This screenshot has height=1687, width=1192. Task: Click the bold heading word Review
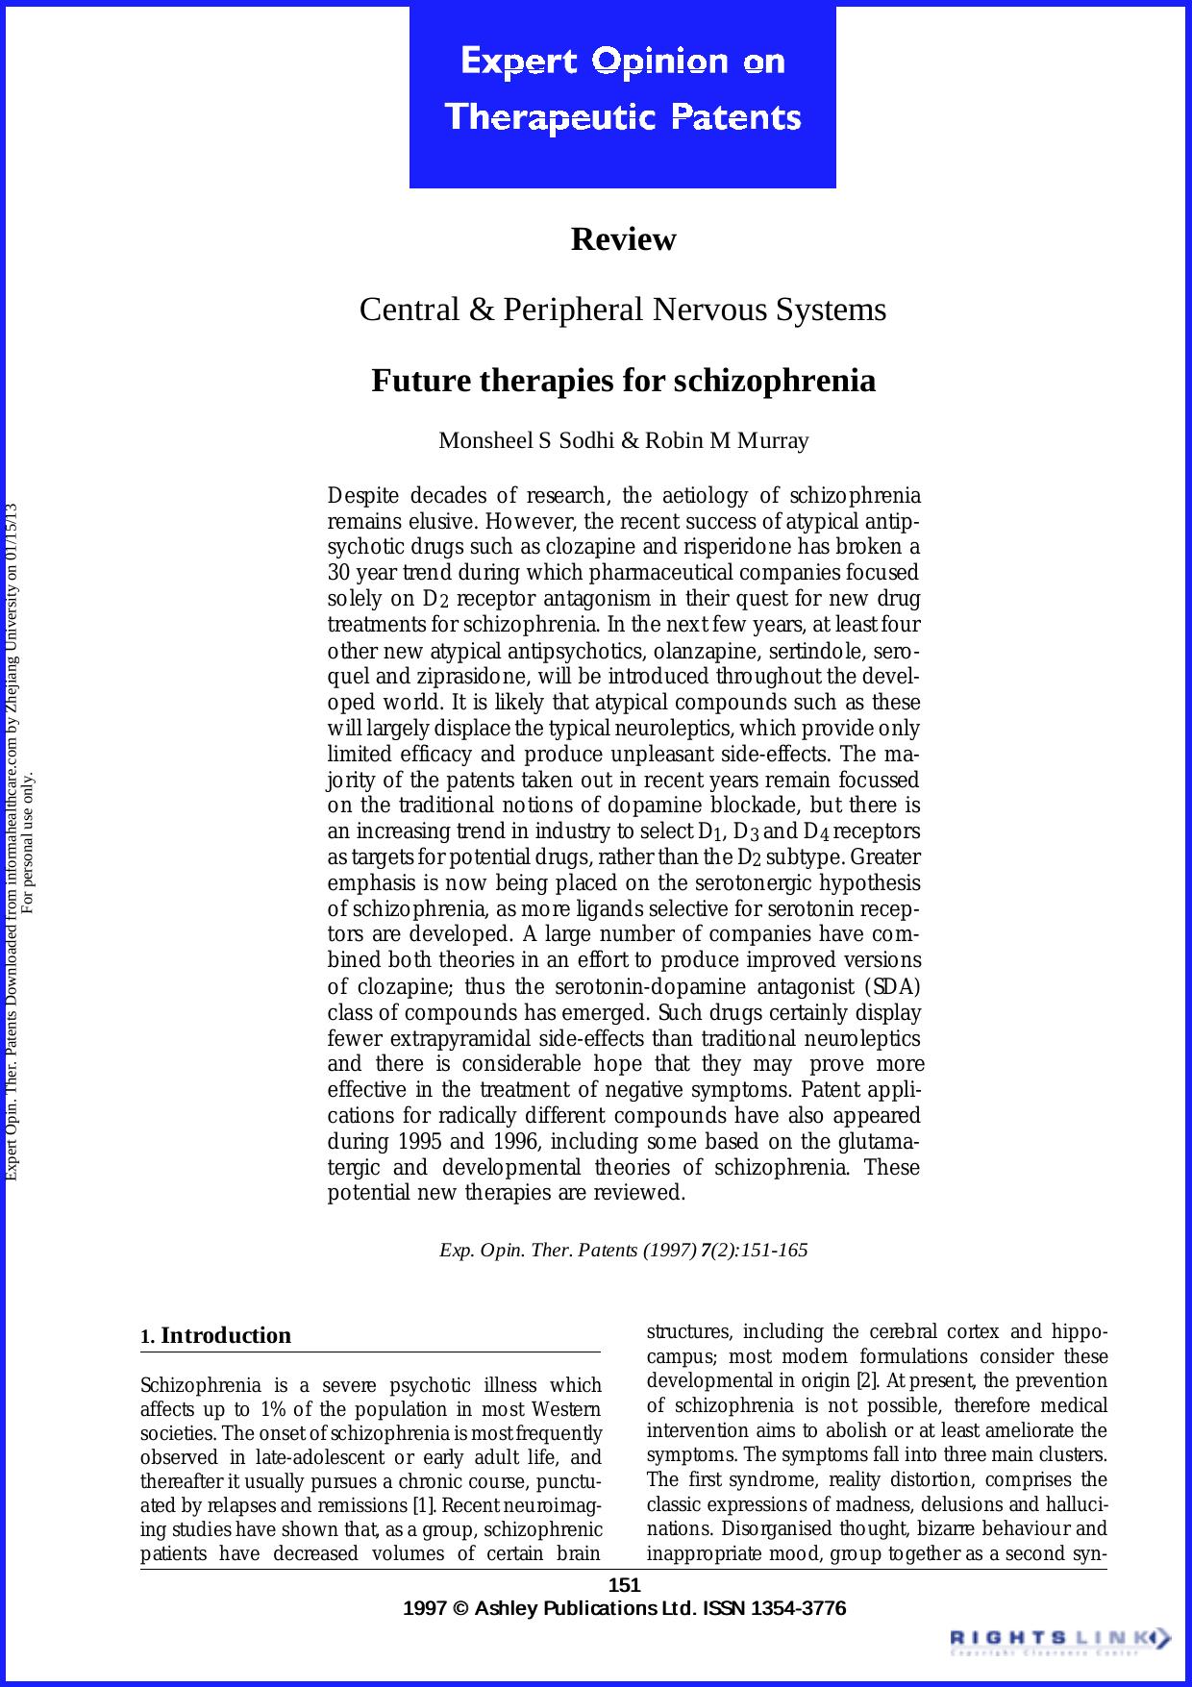[x=623, y=239]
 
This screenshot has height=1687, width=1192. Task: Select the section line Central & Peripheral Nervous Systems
[x=623, y=310]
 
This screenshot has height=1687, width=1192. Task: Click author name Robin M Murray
[x=727, y=441]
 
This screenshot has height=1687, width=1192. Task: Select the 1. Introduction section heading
[x=216, y=1335]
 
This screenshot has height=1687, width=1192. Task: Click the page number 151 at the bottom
[x=625, y=1585]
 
